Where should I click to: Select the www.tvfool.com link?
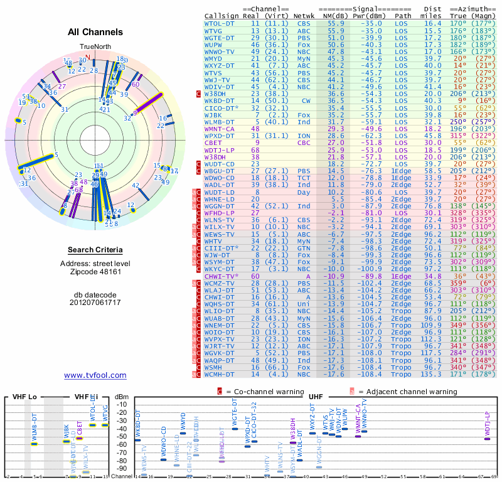click(x=95, y=375)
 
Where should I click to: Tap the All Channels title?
click(x=95, y=32)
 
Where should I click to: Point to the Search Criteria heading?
click(x=95, y=250)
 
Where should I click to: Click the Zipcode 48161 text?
click(x=95, y=272)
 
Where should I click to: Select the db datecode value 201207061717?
click(x=95, y=302)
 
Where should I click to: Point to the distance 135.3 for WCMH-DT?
click(x=431, y=375)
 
